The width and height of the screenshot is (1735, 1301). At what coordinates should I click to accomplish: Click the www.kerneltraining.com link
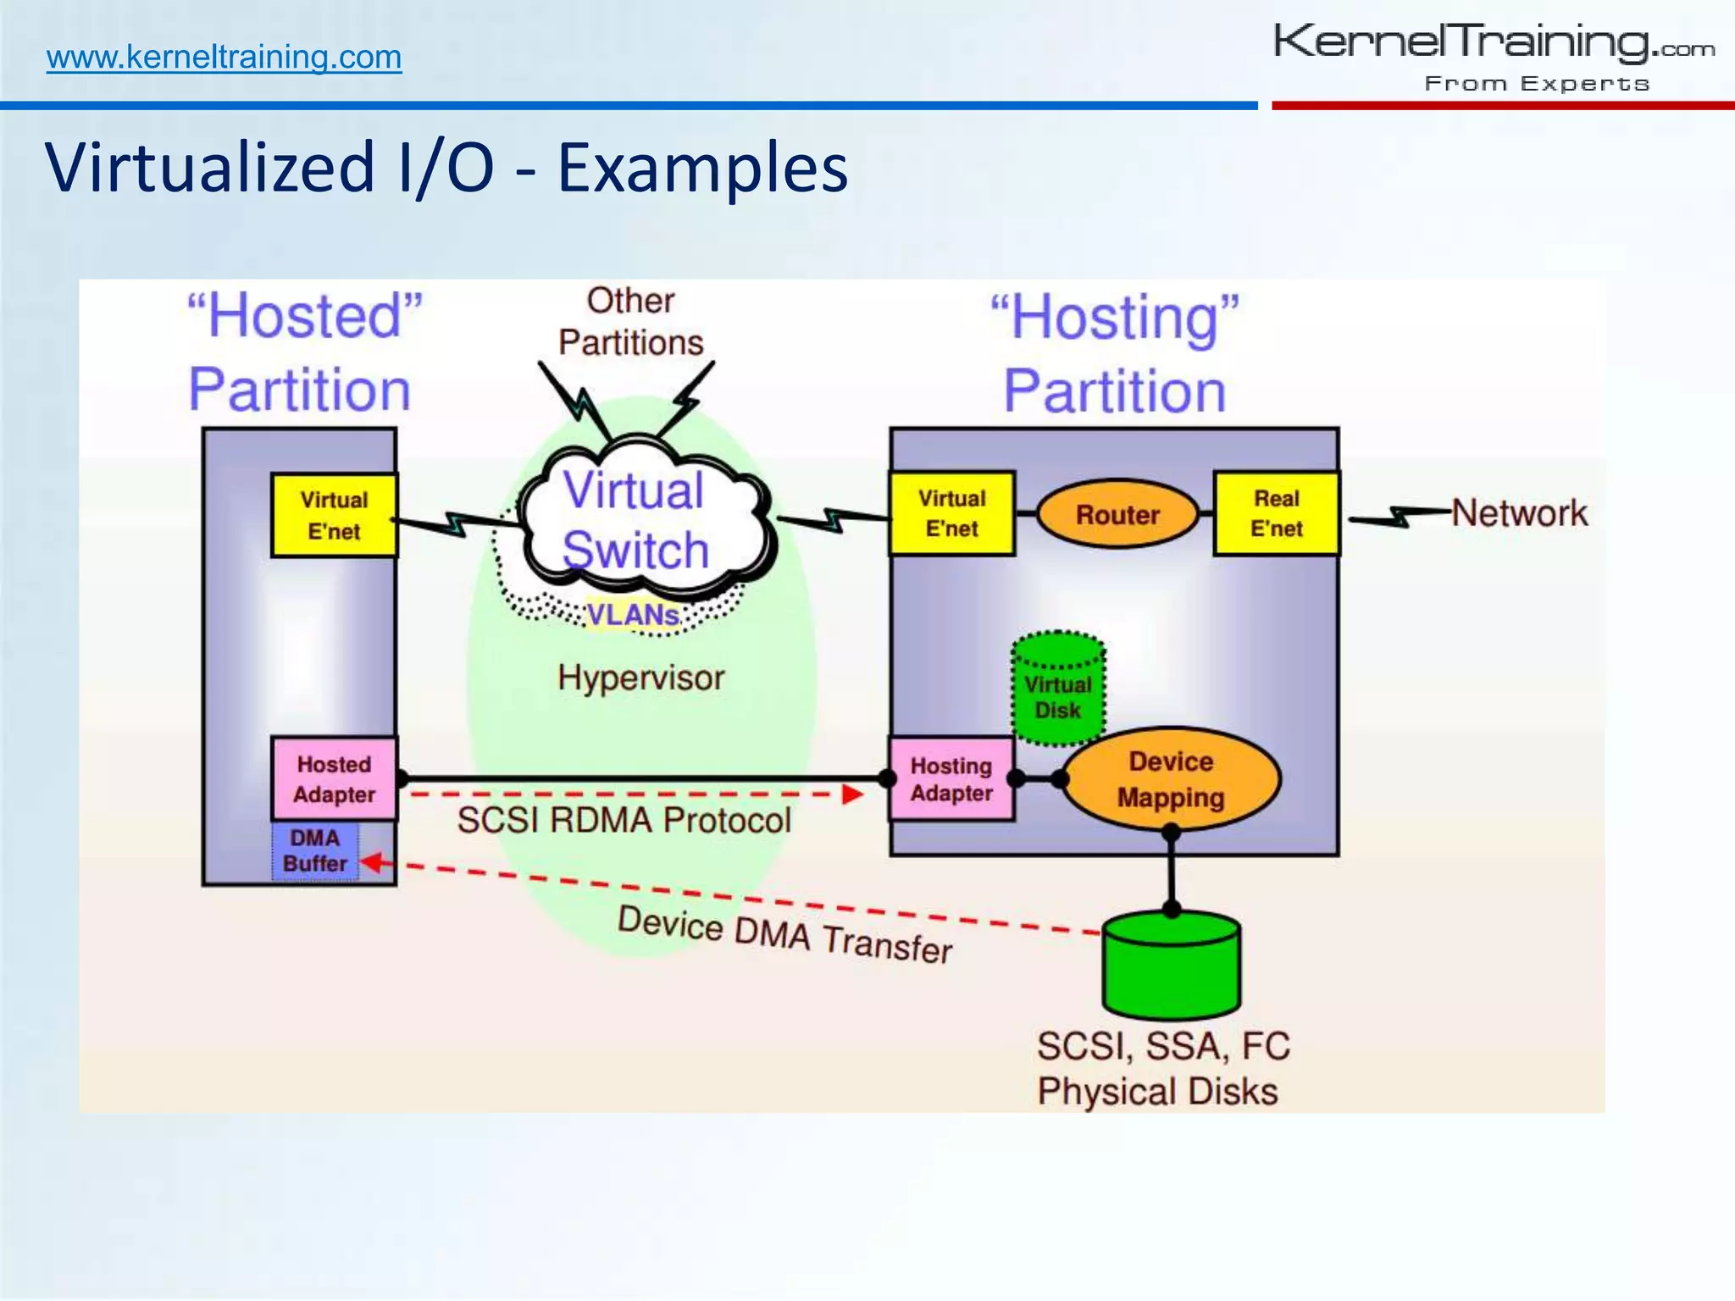tap(224, 58)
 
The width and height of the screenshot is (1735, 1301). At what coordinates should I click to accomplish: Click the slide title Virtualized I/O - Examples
tap(446, 167)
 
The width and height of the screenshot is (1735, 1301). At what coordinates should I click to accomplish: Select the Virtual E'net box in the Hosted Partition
tap(334, 515)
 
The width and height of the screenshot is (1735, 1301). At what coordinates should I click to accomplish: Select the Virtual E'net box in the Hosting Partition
tap(951, 513)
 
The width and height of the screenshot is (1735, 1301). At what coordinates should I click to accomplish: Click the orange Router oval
tap(1117, 514)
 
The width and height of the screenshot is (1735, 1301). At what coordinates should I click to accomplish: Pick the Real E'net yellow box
tap(1276, 513)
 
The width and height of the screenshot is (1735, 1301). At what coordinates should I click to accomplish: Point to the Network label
tap(1519, 513)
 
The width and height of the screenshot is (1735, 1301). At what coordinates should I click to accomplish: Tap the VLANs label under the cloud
tap(633, 614)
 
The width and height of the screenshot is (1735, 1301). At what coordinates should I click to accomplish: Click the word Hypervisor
tap(641, 678)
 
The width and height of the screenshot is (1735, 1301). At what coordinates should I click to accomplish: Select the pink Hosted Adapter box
tap(334, 779)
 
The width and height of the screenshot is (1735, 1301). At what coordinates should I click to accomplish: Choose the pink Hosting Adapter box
tap(951, 779)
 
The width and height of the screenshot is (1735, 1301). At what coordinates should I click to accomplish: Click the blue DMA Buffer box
tap(315, 850)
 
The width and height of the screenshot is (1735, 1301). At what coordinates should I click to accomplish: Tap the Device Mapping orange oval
tap(1171, 779)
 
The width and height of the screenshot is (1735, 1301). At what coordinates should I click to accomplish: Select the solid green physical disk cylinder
tap(1171, 967)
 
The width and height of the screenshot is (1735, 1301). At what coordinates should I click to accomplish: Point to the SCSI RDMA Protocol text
tap(624, 820)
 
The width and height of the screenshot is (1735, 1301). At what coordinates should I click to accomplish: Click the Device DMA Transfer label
tap(784, 935)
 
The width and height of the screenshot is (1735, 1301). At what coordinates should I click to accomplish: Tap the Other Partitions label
tap(630, 322)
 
